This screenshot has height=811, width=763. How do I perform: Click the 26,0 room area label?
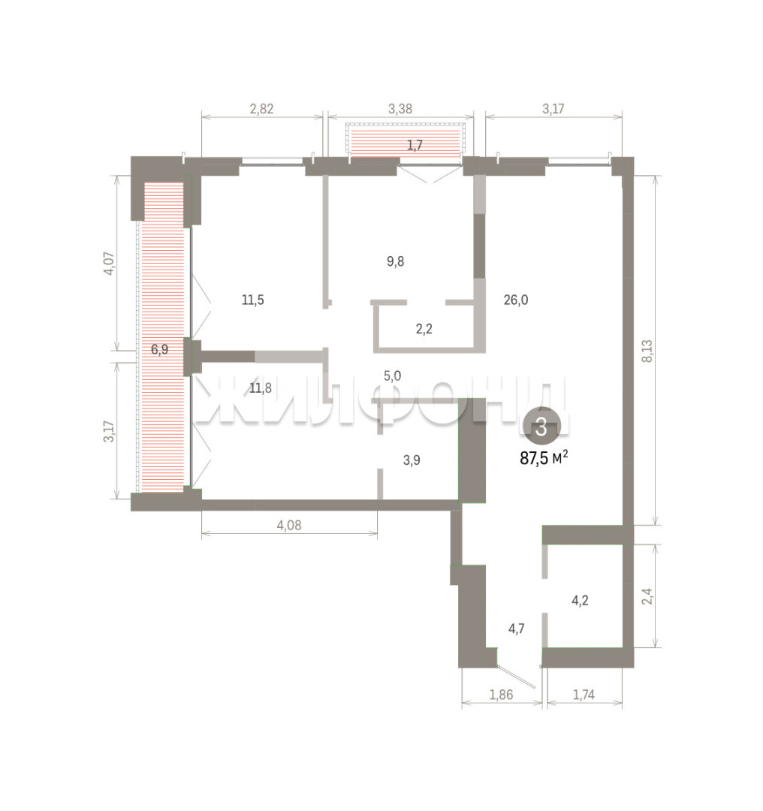click(516, 300)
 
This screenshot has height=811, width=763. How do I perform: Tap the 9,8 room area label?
click(396, 262)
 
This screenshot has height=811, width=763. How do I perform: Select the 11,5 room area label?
click(253, 300)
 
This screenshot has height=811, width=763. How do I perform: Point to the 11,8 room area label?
click(260, 388)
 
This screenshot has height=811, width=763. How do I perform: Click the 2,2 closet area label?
click(424, 329)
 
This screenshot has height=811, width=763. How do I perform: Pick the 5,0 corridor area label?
click(392, 376)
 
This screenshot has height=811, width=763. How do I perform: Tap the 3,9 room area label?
click(412, 460)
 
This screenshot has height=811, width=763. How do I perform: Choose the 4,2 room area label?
click(580, 601)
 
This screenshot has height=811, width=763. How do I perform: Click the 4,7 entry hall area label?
click(516, 629)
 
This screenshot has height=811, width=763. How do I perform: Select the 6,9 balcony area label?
click(159, 350)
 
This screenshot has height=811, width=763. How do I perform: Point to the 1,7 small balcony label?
click(415, 146)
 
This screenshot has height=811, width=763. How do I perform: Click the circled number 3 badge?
click(541, 427)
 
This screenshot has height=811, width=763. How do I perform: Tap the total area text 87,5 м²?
click(544, 458)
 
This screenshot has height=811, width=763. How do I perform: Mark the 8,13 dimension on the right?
click(647, 351)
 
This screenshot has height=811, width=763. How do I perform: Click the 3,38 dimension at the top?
click(400, 109)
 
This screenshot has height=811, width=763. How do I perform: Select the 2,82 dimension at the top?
click(262, 109)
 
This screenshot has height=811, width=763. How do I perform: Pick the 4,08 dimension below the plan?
click(289, 526)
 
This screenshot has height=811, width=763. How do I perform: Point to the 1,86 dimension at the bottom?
click(501, 695)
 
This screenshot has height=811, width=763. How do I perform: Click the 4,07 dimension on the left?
click(109, 264)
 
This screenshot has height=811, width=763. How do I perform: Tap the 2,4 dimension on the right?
click(647, 596)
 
